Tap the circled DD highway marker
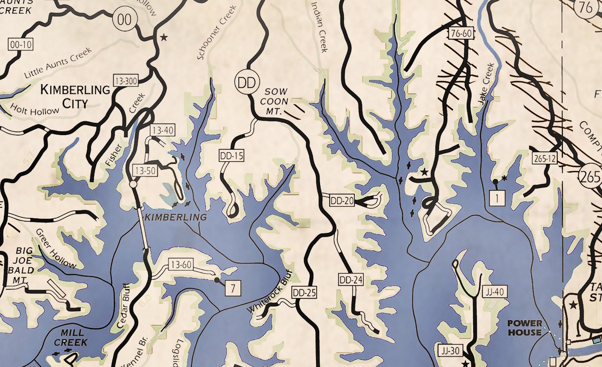coord(247,83)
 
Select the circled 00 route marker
coord(124,20)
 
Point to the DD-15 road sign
coord(231,156)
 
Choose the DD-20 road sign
coord(342,201)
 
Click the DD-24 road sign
coord(351,280)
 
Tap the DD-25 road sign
coord(304,292)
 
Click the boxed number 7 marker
coord(233,288)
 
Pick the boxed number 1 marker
coord(497,198)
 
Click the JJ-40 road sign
coord(495,292)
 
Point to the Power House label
coord(525,328)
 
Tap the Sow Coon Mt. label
coord(274,102)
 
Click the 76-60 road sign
coord(461,33)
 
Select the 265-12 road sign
coord(545,158)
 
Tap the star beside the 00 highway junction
coord(164,38)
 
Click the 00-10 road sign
coord(20,45)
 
